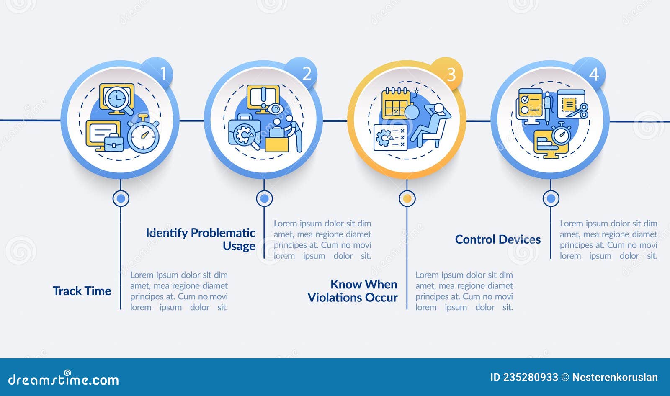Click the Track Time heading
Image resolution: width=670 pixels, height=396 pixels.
click(x=82, y=291)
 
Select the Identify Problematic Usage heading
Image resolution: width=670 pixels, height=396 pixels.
click(x=201, y=239)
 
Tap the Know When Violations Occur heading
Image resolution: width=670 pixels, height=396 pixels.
click(x=353, y=291)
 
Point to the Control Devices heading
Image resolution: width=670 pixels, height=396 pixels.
click(x=498, y=239)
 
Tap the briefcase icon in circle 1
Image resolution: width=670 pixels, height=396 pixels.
click(x=113, y=142)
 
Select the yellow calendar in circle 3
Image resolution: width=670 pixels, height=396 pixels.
click(x=395, y=103)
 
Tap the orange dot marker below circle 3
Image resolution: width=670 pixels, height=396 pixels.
click(x=407, y=198)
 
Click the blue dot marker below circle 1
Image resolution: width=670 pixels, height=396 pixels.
click(x=121, y=198)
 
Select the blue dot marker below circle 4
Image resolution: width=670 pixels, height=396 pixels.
click(x=551, y=198)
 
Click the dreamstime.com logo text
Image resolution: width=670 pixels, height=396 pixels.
click(x=64, y=379)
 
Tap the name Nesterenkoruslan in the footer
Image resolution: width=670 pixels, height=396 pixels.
click(x=615, y=377)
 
